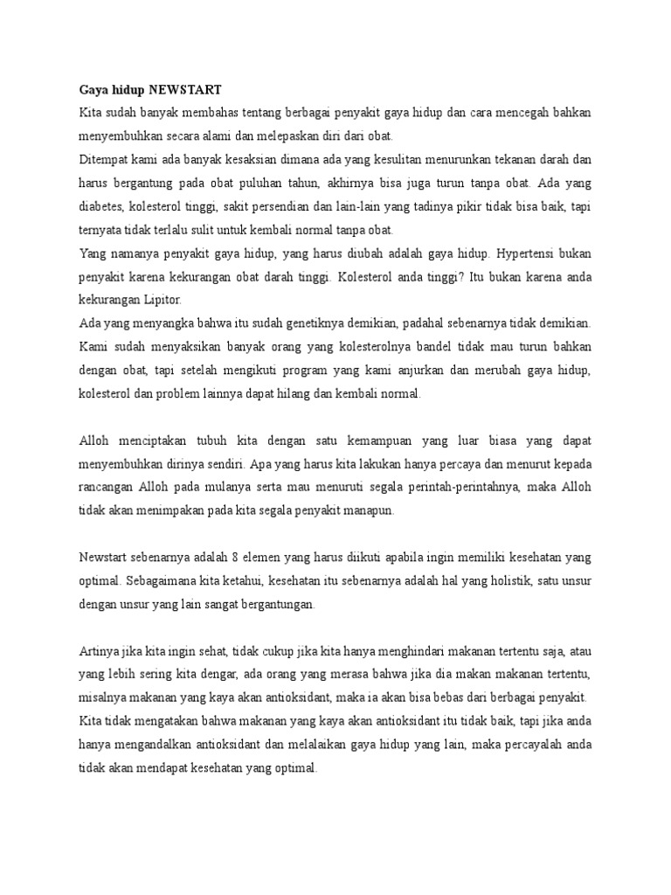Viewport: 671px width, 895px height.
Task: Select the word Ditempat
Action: click(103, 160)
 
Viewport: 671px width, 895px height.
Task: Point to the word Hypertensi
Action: click(531, 253)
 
